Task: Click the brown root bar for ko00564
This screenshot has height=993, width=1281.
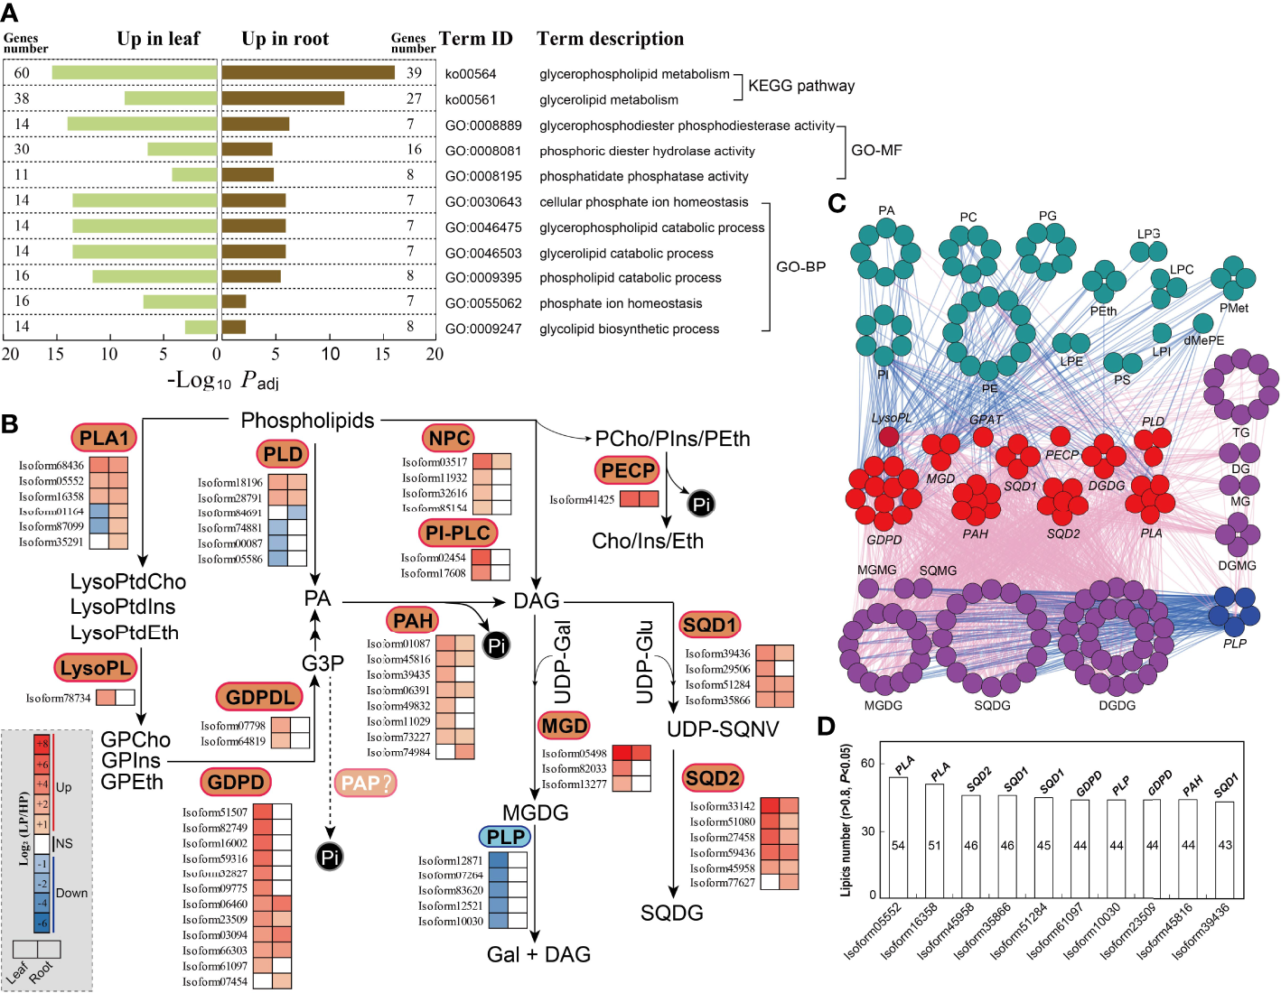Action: pos(308,72)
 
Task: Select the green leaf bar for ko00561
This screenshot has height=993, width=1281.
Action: pos(171,98)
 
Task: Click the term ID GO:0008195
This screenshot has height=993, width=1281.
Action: pos(483,176)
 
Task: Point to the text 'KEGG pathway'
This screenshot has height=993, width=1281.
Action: pos(801,86)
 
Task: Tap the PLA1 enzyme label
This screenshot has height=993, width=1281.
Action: pos(104,438)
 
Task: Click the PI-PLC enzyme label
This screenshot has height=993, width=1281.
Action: pos(458,533)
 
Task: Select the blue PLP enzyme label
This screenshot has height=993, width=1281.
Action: pos(504,837)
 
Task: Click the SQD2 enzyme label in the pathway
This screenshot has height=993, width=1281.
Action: pos(712,778)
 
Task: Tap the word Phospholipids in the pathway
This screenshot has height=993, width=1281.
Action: pos(307,421)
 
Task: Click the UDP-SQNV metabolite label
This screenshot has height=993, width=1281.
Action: pos(723,729)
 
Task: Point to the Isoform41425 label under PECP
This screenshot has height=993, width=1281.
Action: pos(582,499)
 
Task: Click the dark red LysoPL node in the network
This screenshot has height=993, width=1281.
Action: pos(889,437)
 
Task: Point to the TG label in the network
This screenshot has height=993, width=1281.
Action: pos(1241,432)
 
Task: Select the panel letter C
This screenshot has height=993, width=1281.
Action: pos(837,203)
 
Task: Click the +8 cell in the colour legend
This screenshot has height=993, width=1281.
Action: pos(42,744)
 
